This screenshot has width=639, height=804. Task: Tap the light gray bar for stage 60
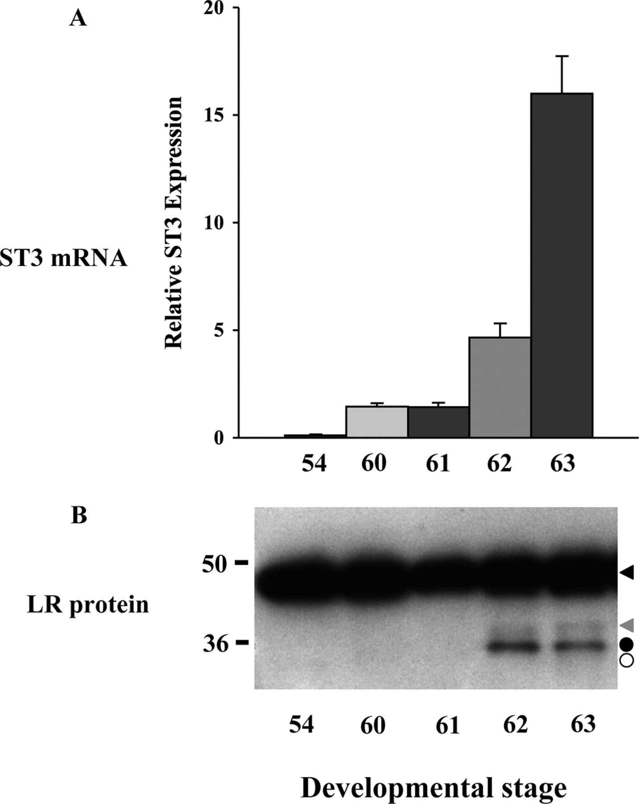[377, 422]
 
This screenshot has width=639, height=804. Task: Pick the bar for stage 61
[439, 422]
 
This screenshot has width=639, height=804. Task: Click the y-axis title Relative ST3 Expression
[174, 223]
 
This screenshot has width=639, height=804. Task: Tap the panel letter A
[78, 19]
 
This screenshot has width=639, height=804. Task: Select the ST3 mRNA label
[64, 259]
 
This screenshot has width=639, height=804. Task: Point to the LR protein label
[87, 605]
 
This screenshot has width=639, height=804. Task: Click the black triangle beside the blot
[627, 572]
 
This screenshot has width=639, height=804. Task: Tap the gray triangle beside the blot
[627, 624]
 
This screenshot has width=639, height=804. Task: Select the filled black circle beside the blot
[627, 644]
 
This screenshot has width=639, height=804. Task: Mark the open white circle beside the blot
[627, 661]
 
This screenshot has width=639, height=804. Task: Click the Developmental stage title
[433, 788]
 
